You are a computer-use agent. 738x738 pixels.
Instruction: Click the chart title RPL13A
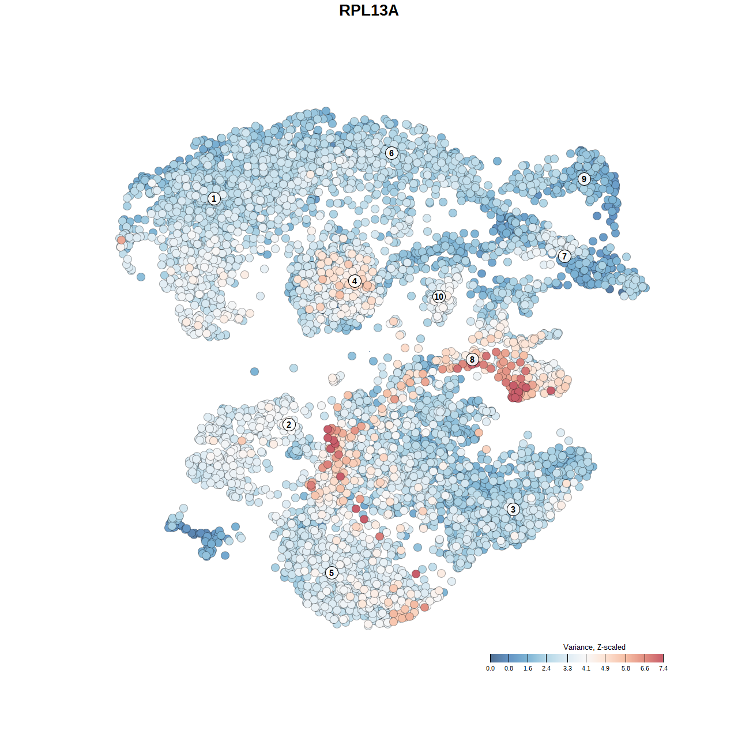click(x=368, y=11)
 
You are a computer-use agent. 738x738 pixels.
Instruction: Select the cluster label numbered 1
click(x=214, y=198)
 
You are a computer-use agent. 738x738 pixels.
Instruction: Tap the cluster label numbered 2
click(x=289, y=425)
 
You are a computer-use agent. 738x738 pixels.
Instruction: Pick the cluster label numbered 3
click(x=513, y=509)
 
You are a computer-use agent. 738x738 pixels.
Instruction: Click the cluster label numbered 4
click(x=355, y=281)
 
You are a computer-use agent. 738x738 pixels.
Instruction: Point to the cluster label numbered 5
click(x=331, y=573)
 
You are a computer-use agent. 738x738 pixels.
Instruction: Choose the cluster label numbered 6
click(x=391, y=153)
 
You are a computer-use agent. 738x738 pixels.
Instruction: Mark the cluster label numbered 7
click(x=564, y=256)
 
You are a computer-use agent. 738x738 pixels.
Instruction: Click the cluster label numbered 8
click(x=472, y=360)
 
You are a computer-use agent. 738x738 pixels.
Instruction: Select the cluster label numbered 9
click(x=584, y=179)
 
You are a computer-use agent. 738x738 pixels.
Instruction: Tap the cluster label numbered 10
click(x=439, y=296)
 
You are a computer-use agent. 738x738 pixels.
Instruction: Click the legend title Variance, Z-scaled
click(x=594, y=647)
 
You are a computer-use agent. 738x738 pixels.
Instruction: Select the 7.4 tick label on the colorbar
click(x=663, y=668)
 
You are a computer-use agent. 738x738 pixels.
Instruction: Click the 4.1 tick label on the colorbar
click(x=586, y=668)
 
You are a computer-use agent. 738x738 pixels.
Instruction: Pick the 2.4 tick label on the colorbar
click(x=546, y=668)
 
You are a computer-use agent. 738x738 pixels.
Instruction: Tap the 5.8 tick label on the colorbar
click(x=626, y=668)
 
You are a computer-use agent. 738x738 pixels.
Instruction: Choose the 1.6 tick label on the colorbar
click(x=528, y=668)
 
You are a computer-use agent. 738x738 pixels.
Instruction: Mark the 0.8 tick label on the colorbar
click(x=509, y=668)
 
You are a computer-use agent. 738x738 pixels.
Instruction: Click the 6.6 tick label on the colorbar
click(x=645, y=668)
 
